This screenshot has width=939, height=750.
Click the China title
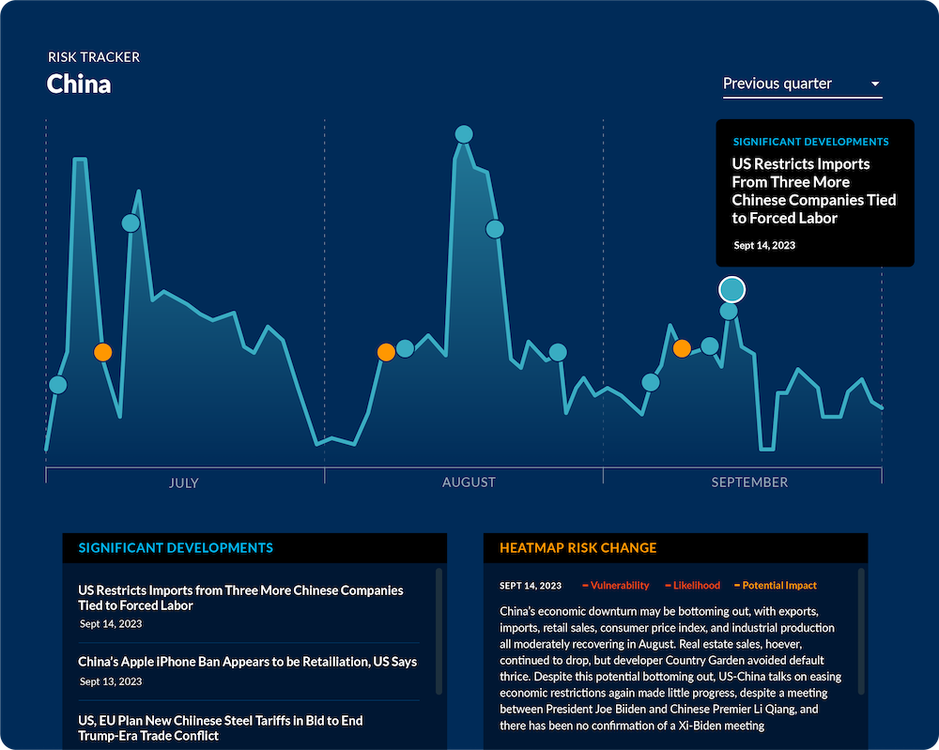tap(79, 84)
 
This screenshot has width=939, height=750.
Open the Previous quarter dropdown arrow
tap(875, 84)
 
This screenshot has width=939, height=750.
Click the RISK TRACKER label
tap(94, 57)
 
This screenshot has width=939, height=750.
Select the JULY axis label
tap(184, 482)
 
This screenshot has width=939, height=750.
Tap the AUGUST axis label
tap(469, 482)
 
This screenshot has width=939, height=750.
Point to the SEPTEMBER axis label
tap(749, 482)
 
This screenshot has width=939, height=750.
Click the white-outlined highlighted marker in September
tap(731, 289)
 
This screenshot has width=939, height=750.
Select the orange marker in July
tap(103, 352)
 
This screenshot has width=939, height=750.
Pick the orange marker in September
tap(683, 348)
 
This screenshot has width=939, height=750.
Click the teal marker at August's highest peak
tap(463, 134)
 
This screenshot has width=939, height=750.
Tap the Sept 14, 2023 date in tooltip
tap(764, 245)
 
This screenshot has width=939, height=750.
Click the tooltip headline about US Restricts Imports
tap(813, 191)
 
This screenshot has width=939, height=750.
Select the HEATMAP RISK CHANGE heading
tap(577, 548)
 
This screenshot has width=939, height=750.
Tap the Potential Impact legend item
tap(778, 586)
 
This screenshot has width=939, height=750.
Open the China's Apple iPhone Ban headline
tap(247, 662)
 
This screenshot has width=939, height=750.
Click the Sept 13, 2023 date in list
tap(111, 681)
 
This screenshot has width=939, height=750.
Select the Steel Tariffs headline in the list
tap(221, 728)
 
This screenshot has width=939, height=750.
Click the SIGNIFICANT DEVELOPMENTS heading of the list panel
tap(176, 548)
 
